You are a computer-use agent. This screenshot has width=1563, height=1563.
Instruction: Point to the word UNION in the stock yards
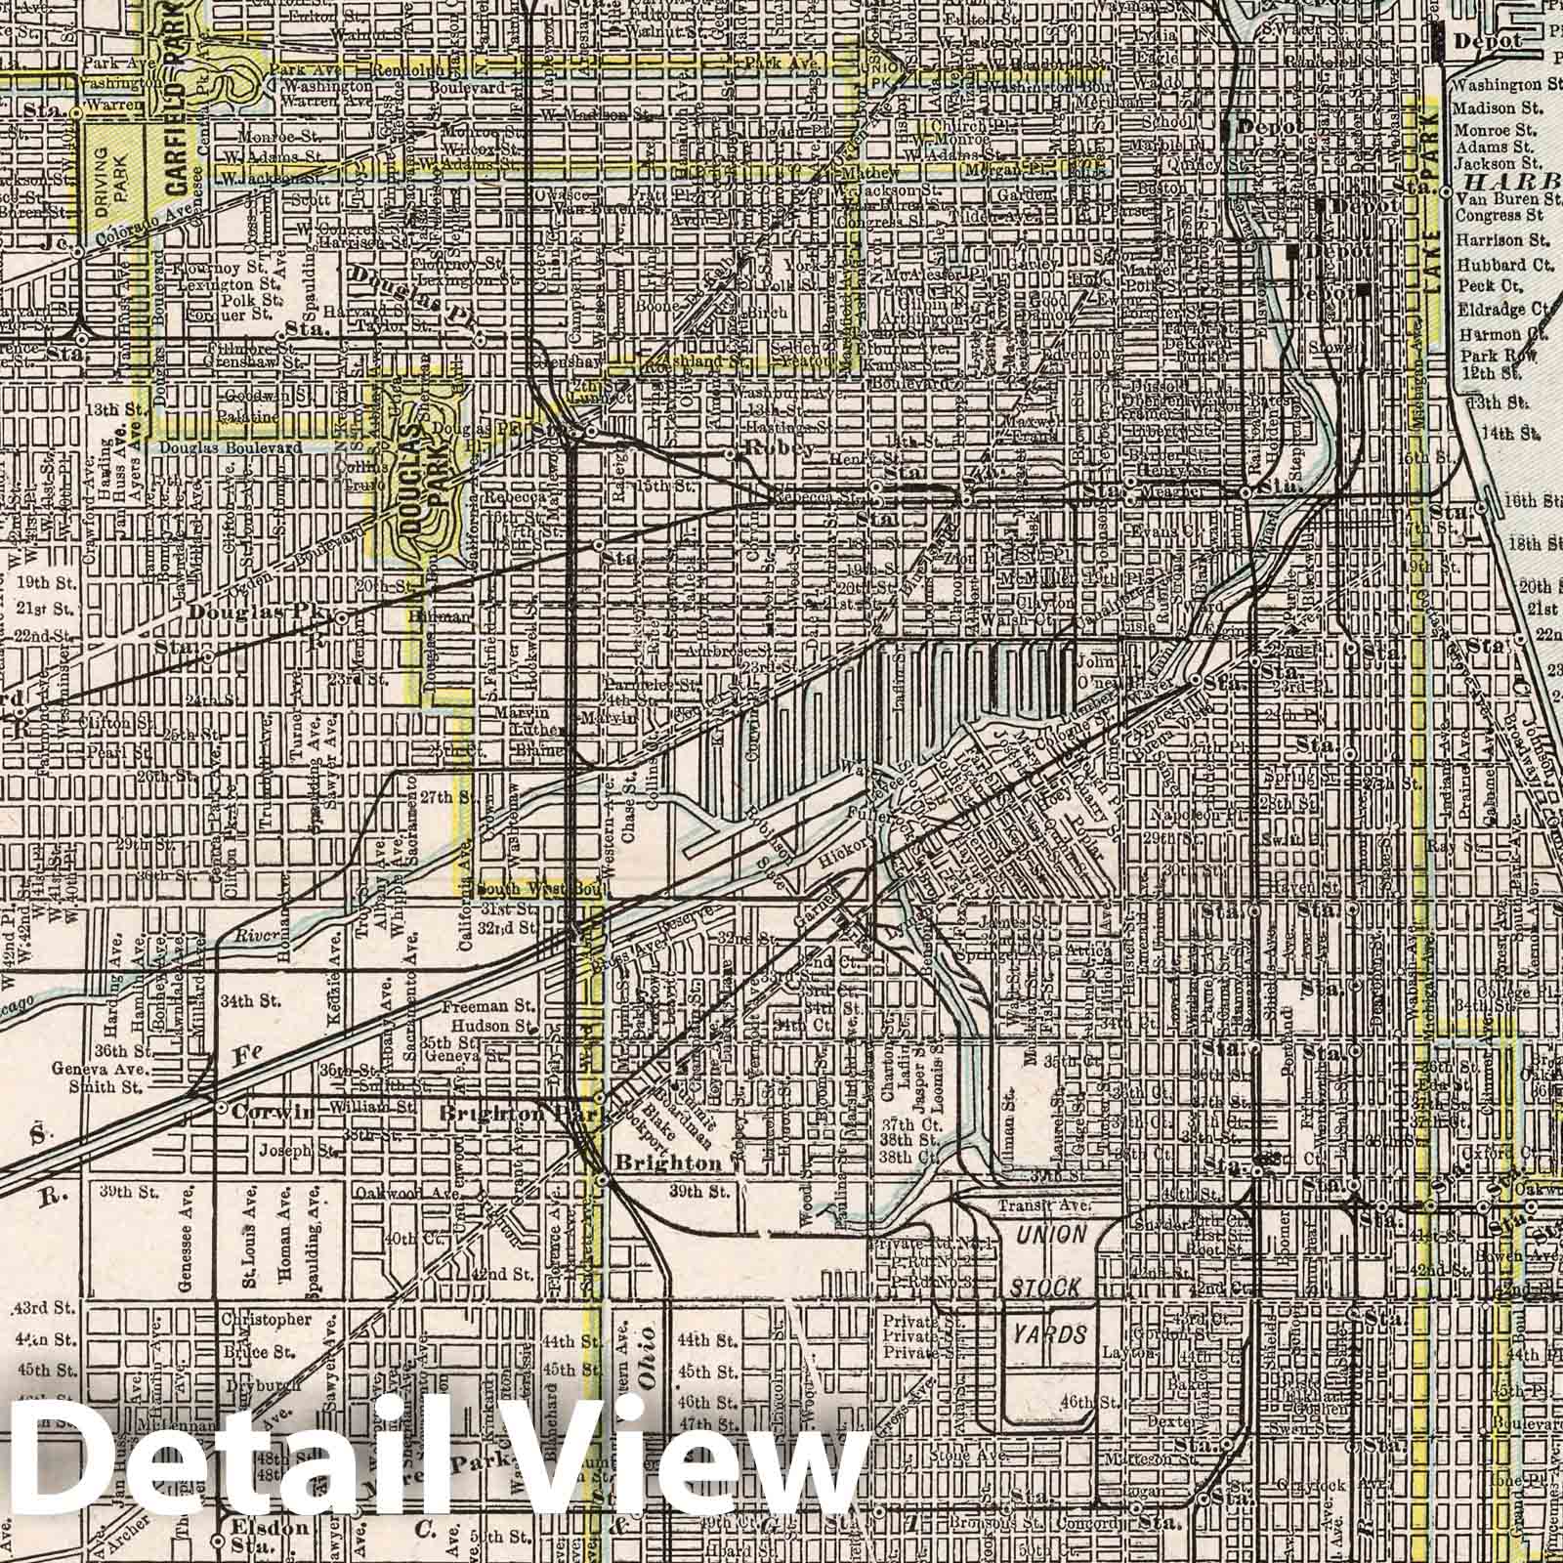coord(1050,1235)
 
